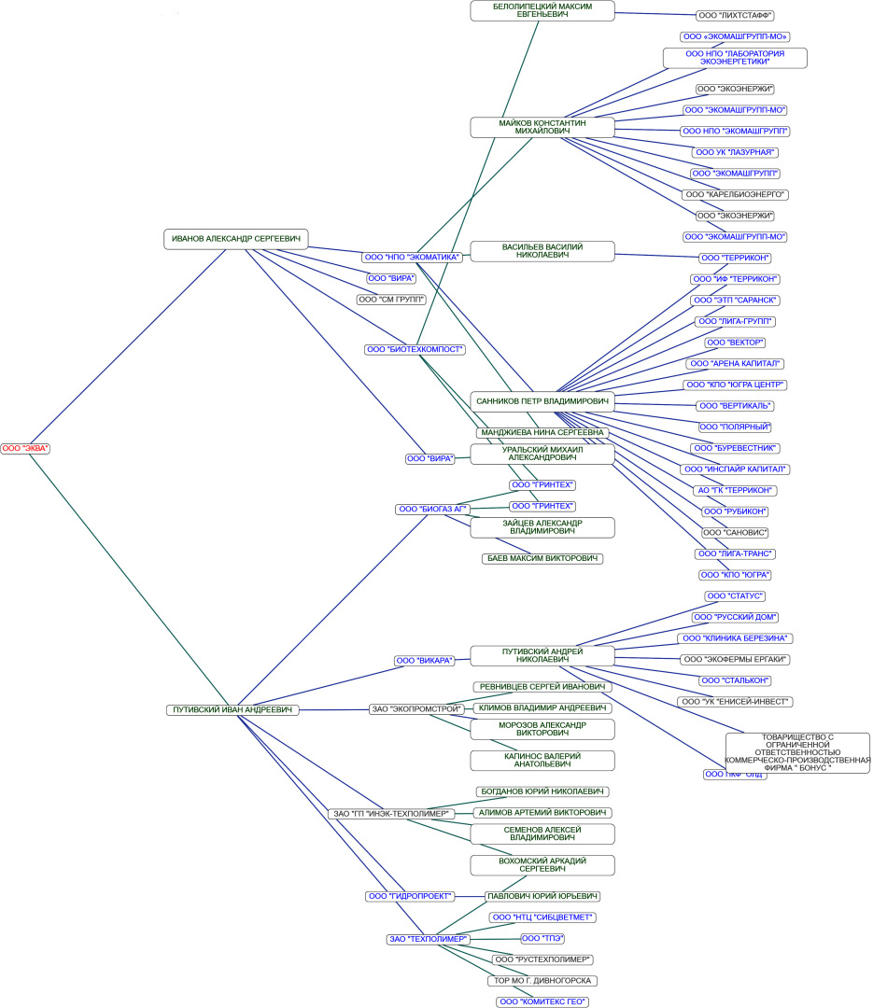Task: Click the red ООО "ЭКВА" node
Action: pyautogui.click(x=25, y=449)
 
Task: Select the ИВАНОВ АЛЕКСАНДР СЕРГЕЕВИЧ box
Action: pyautogui.click(x=235, y=239)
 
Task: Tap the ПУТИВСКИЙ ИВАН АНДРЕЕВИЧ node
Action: pyautogui.click(x=232, y=710)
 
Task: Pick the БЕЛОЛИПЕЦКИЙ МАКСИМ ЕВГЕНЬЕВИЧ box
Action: pyautogui.click(x=542, y=10)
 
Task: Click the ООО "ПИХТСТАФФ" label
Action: pyautogui.click(x=736, y=16)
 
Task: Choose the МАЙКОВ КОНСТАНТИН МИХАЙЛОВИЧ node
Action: pyautogui.click(x=542, y=127)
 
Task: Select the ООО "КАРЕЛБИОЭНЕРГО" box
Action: pyautogui.click(x=736, y=195)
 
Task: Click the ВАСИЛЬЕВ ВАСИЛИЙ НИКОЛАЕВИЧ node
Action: pyautogui.click(x=542, y=251)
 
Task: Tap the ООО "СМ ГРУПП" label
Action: pyautogui.click(x=391, y=300)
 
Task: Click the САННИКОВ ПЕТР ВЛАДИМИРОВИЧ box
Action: pyautogui.click(x=542, y=401)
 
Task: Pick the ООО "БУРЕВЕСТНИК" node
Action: pyautogui.click(x=736, y=448)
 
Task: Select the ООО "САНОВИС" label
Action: pyautogui.click(x=736, y=532)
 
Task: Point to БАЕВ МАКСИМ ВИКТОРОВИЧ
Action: pyautogui.click(x=542, y=558)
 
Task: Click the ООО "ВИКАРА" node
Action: pyautogui.click(x=425, y=661)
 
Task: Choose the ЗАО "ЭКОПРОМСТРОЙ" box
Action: pyautogui.click(x=417, y=709)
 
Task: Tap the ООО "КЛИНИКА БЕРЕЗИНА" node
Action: pyautogui.click(x=736, y=638)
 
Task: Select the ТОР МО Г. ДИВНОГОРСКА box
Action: pyautogui.click(x=542, y=981)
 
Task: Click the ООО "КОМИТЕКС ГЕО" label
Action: pyautogui.click(x=542, y=1001)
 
